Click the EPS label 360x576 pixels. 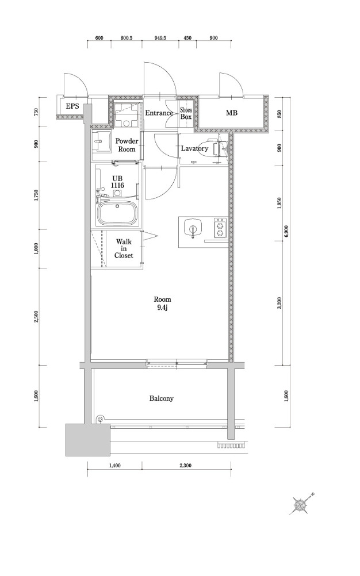(x=72, y=106)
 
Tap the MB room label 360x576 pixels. (x=231, y=113)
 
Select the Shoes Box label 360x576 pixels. (x=186, y=113)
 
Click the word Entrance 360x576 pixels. (x=159, y=113)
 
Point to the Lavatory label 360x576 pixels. (x=194, y=148)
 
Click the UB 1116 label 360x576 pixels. (x=118, y=182)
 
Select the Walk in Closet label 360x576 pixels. (x=124, y=249)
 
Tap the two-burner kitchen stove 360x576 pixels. (x=220, y=228)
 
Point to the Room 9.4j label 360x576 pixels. (x=162, y=304)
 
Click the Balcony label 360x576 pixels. (x=161, y=398)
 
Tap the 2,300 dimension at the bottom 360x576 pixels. (x=186, y=466)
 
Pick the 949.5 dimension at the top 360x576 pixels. (x=160, y=38)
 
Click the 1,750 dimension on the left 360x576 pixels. (x=36, y=196)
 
